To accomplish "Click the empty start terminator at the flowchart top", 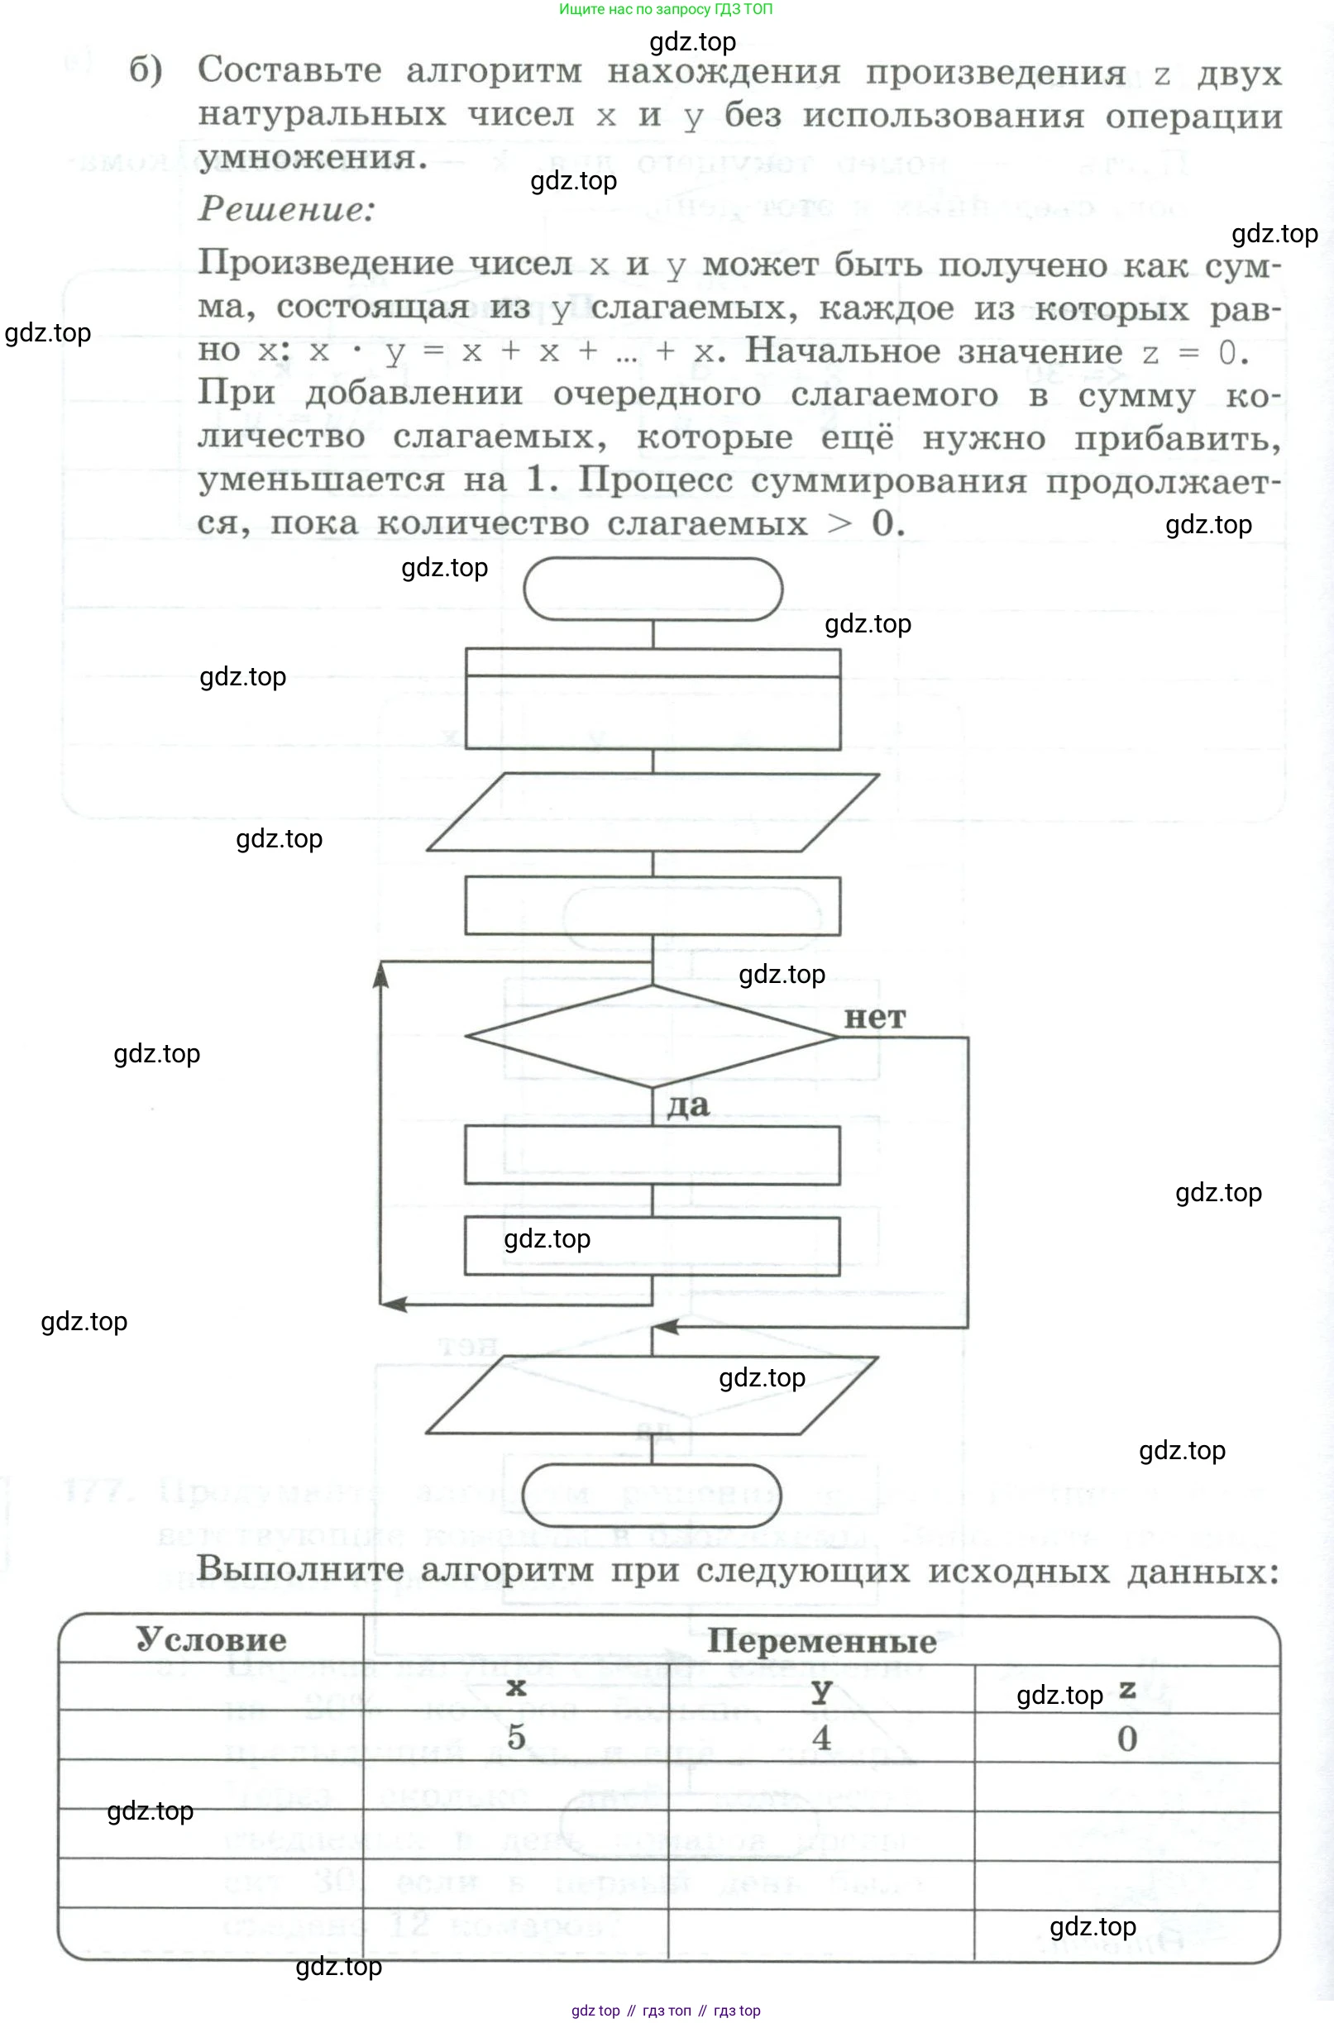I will pyautogui.click(x=653, y=589).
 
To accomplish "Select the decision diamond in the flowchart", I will pyautogui.click(x=653, y=1037).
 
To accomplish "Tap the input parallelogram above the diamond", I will pyautogui.click(x=653, y=812).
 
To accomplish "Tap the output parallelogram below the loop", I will pyautogui.click(x=653, y=1395).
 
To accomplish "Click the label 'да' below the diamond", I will pyautogui.click(x=687, y=1105).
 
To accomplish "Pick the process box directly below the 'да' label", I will pyautogui.click(x=653, y=1156).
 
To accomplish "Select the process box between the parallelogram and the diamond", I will pyautogui.click(x=653, y=906).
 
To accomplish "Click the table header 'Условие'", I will pyautogui.click(x=211, y=1639).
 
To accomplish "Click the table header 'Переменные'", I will pyautogui.click(x=821, y=1641).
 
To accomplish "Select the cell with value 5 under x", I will pyautogui.click(x=516, y=1737).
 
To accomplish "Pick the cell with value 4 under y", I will pyautogui.click(x=821, y=1737).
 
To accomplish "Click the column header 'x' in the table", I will pyautogui.click(x=516, y=1688).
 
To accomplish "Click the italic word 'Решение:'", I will pyautogui.click(x=287, y=209).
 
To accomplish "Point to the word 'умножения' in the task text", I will pyautogui.click(x=312, y=158).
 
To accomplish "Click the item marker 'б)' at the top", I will pyautogui.click(x=146, y=70).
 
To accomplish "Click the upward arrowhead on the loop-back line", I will pyautogui.click(x=381, y=977).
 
